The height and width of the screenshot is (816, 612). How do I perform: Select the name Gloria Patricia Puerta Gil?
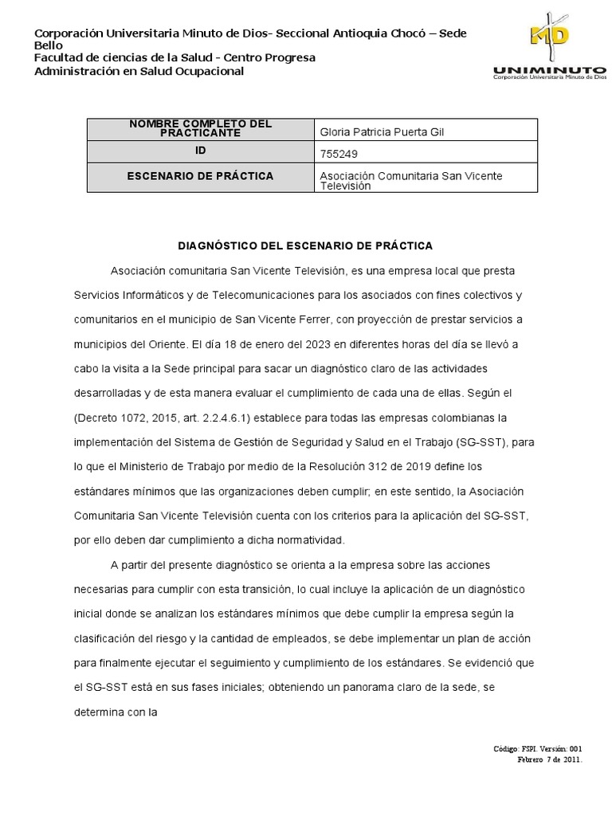tap(381, 131)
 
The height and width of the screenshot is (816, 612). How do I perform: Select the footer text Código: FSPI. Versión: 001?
tap(538, 749)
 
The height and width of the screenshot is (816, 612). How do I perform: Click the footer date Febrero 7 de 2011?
tap(550, 759)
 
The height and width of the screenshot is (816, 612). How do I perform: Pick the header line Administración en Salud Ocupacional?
tap(139, 71)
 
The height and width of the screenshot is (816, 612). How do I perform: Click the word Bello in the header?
tap(47, 45)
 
